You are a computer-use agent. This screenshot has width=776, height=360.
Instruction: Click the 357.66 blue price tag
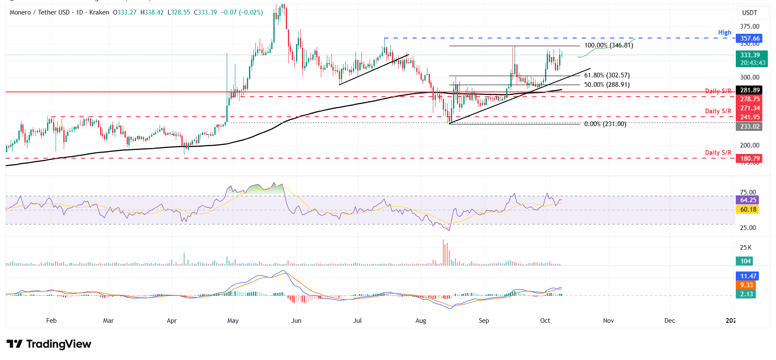click(x=750, y=38)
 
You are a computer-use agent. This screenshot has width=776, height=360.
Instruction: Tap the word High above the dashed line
click(x=724, y=32)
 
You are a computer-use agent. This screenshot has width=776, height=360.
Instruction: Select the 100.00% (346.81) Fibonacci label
click(x=608, y=45)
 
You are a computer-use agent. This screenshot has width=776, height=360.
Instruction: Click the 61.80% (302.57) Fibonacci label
click(x=607, y=75)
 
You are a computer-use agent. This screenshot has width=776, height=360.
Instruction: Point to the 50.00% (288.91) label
click(x=607, y=85)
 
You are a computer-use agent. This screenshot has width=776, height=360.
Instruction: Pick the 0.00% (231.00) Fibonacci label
click(x=605, y=124)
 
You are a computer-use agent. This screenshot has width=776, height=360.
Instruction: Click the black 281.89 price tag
click(x=750, y=90)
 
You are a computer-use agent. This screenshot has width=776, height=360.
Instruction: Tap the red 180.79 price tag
click(x=750, y=159)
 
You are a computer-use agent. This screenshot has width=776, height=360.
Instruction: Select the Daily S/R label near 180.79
click(x=718, y=153)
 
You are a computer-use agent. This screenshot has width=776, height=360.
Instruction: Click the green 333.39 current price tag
click(x=750, y=55)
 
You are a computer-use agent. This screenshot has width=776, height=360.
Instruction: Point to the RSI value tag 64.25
click(x=748, y=200)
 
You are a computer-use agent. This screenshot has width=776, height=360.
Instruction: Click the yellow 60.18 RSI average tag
click(x=748, y=210)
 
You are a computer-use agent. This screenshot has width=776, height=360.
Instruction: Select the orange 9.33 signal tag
click(x=746, y=285)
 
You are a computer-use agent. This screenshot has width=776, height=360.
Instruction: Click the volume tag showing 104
click(x=745, y=261)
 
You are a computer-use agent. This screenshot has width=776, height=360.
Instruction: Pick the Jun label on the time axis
click(x=296, y=321)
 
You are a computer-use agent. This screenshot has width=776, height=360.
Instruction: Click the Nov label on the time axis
click(x=608, y=321)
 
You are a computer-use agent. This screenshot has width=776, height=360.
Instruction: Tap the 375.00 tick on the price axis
click(x=749, y=27)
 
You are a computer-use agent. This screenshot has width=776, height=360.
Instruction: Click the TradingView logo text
click(x=59, y=344)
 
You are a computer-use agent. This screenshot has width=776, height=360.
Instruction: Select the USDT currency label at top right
click(x=749, y=13)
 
